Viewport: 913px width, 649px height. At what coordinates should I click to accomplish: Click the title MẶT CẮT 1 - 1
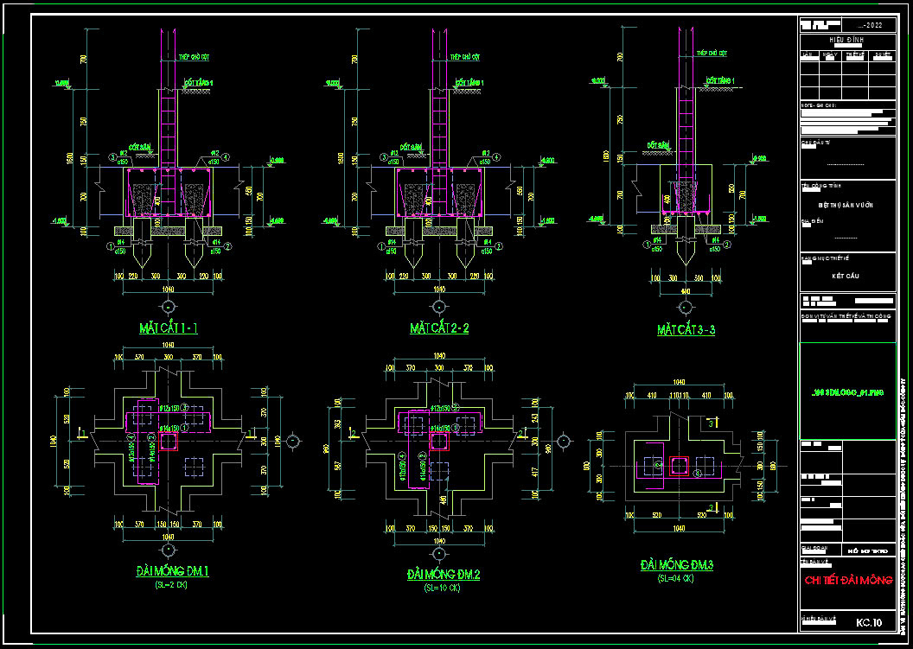point(169,328)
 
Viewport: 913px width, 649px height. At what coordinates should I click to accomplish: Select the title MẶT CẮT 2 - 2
point(439,329)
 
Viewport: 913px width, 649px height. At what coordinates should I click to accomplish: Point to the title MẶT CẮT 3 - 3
point(686,330)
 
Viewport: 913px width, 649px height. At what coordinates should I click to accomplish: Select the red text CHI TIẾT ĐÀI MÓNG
point(847,580)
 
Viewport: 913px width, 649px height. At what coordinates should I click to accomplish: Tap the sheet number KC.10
point(869,622)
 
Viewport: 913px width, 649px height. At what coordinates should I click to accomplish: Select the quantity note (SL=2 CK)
point(171,585)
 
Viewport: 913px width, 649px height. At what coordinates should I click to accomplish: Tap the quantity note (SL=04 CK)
point(677,577)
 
